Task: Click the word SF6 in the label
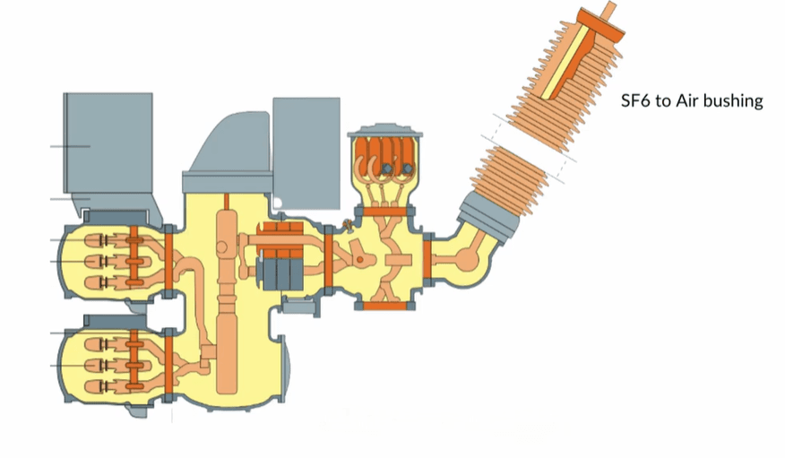tap(636, 100)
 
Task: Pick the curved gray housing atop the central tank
tap(230, 151)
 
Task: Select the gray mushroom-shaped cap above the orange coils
tap(385, 131)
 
